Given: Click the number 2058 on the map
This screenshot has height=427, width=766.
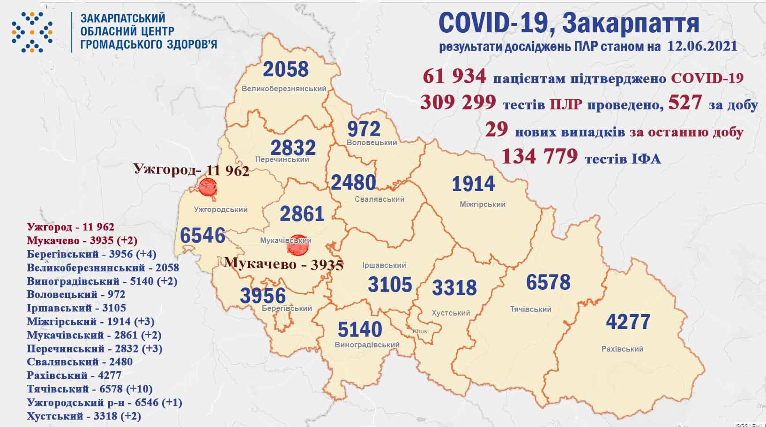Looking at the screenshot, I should (x=286, y=69).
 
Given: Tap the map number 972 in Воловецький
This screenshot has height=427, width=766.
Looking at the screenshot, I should (x=364, y=128).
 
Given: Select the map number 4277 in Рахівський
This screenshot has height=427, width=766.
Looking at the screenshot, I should (x=628, y=322).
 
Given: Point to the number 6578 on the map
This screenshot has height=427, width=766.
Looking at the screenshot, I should (x=548, y=282).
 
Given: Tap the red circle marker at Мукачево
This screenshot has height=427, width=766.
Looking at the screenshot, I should (x=297, y=245).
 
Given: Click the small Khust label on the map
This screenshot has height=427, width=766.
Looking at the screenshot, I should (x=421, y=331).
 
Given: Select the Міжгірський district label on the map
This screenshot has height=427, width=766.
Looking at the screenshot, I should (x=482, y=204).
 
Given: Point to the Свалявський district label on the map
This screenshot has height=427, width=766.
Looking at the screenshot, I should (x=379, y=199).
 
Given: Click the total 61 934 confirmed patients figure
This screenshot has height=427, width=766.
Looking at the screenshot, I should (x=454, y=76).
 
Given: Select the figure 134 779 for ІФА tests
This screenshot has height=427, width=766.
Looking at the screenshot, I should (x=539, y=156).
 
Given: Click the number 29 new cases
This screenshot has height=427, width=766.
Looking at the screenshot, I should (x=497, y=130).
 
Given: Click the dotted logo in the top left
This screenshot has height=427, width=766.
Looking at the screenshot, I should (x=32, y=32).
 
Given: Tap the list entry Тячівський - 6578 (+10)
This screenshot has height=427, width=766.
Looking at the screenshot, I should (x=89, y=389).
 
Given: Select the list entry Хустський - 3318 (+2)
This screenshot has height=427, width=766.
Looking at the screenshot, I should (x=84, y=416).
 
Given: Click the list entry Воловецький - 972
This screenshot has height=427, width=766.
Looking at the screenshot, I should (x=76, y=294).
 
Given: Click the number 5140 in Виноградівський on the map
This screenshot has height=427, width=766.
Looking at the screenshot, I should (x=360, y=330).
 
